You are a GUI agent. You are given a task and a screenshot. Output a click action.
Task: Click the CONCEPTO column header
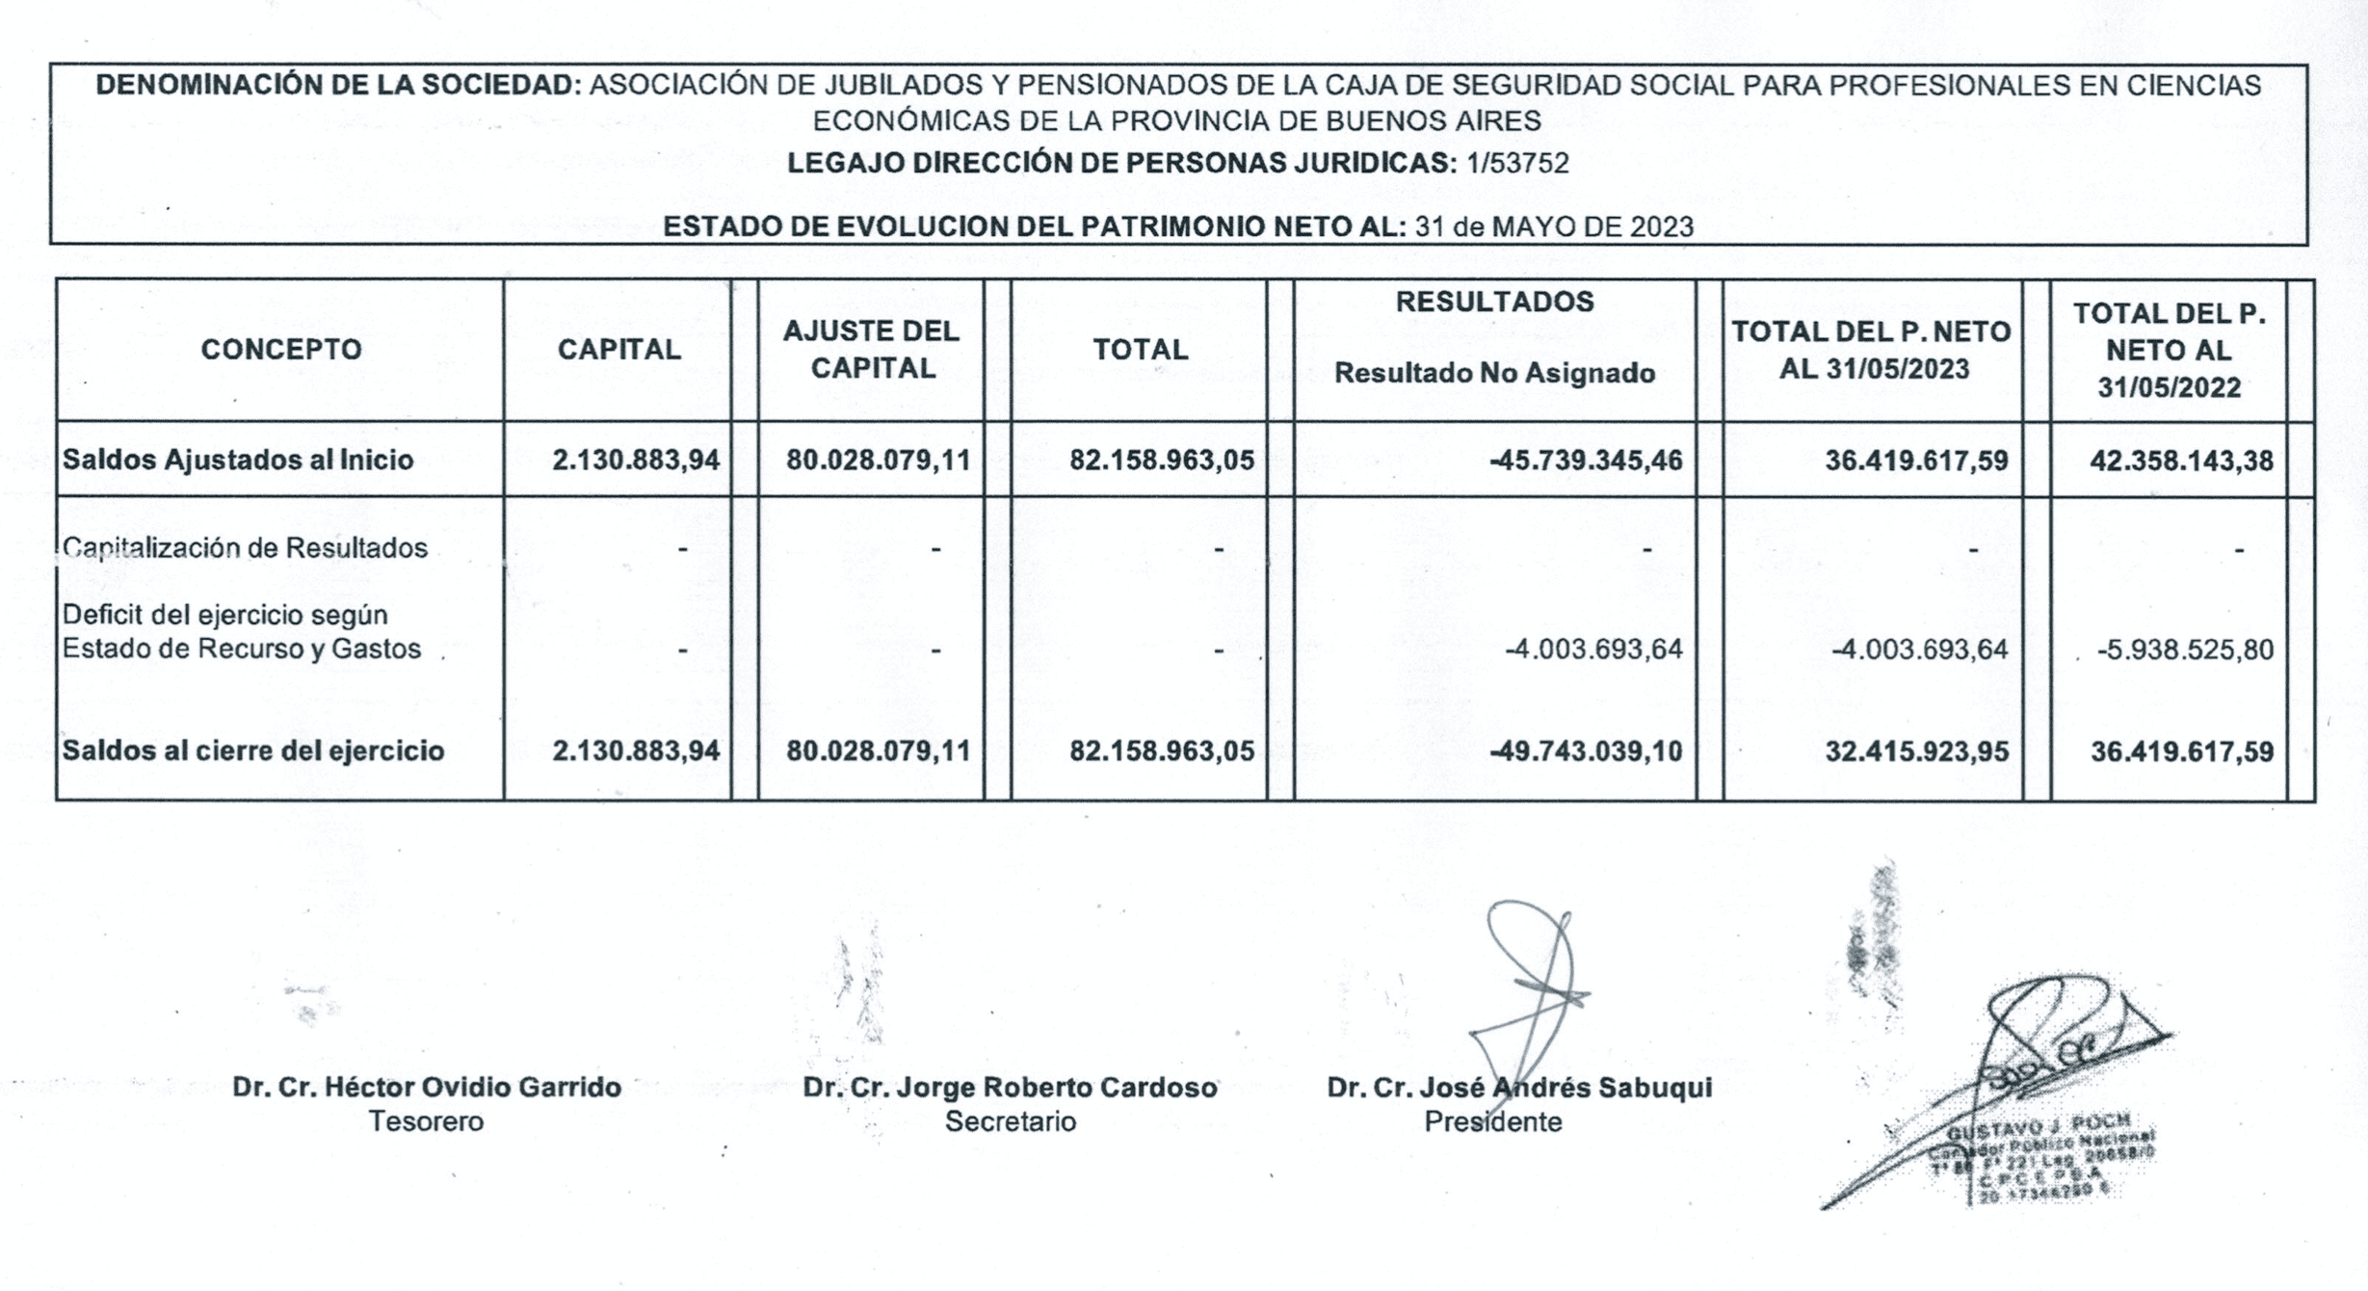pyautogui.click(x=280, y=349)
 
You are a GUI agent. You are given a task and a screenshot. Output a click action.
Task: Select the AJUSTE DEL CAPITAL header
pyautogui.click(x=871, y=349)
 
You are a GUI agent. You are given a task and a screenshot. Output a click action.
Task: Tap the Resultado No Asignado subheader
pyautogui.click(x=1493, y=373)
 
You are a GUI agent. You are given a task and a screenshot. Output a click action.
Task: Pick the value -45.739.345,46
pyautogui.click(x=1586, y=461)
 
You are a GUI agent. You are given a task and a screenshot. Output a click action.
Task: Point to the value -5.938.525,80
pyautogui.click(x=2184, y=649)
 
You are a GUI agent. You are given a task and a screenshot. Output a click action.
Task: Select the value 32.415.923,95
pyautogui.click(x=1916, y=751)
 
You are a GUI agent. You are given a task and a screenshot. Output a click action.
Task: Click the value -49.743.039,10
pyautogui.click(x=1586, y=751)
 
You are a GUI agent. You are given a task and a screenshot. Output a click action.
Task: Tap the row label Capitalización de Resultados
pyautogui.click(x=245, y=548)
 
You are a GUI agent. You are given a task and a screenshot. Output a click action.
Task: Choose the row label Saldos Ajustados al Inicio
pyautogui.click(x=238, y=460)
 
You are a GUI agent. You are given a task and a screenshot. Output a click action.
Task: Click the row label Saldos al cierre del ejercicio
pyautogui.click(x=253, y=751)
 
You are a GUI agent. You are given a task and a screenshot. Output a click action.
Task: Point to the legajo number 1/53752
pyautogui.click(x=1517, y=163)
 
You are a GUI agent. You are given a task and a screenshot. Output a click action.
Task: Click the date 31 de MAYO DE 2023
pyautogui.click(x=1553, y=226)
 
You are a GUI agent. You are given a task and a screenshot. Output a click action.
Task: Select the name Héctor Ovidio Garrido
pyautogui.click(x=472, y=1087)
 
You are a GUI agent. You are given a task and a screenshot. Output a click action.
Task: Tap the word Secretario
pyautogui.click(x=1010, y=1121)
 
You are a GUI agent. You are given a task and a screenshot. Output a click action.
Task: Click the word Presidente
pyautogui.click(x=1492, y=1121)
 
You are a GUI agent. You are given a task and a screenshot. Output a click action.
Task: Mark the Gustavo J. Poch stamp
pyautogui.click(x=2042, y=1161)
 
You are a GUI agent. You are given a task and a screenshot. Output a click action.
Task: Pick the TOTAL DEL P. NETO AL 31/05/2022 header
pyautogui.click(x=2169, y=350)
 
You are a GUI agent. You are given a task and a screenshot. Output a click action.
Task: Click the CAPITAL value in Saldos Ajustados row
pyautogui.click(x=635, y=461)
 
